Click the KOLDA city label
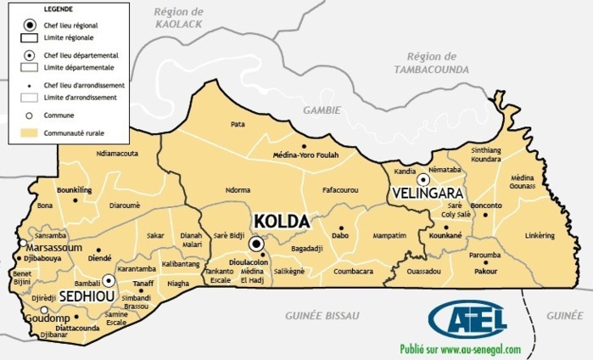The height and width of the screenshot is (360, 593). [279, 222]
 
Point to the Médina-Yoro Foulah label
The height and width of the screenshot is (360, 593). [305, 155]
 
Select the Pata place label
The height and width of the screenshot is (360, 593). [238, 124]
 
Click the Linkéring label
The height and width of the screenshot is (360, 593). [540, 235]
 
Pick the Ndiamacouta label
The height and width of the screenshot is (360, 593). [117, 154]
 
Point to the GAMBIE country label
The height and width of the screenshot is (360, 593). [322, 110]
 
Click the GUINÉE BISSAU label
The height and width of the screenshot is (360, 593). [322, 315]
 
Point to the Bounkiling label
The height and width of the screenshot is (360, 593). [74, 189]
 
